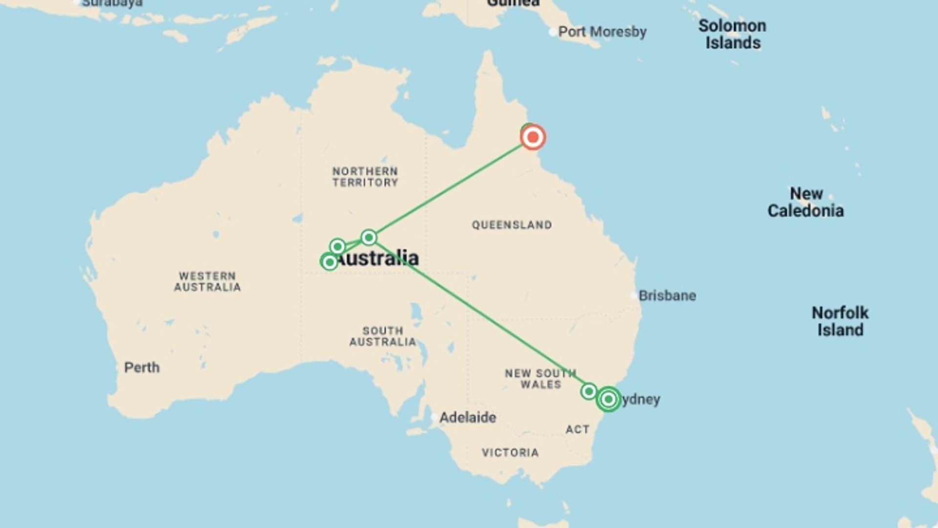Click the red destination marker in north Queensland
[533, 137]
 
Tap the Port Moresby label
[602, 32]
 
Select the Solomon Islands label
[732, 34]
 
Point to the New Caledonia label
[806, 202]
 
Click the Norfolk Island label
[840, 321]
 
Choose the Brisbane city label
[667, 296]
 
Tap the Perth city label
[142, 367]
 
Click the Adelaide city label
[468, 418]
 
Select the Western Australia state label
[207, 282]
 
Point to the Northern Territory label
[365, 176]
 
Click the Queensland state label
[512, 225]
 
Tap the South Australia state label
[383, 336]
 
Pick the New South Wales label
[540, 379]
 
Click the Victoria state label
[510, 453]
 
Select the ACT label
[577, 429]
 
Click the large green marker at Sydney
[608, 399]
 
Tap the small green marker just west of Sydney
[589, 391]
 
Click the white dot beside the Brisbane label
[634, 296]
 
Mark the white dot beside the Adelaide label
[434, 418]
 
